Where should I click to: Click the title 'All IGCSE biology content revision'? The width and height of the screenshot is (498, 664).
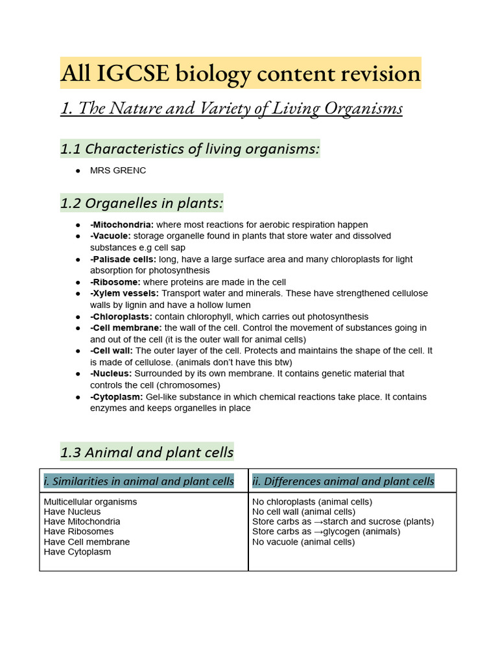pyautogui.click(x=240, y=74)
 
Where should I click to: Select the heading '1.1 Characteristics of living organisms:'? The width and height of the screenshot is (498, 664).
pyautogui.click(x=190, y=149)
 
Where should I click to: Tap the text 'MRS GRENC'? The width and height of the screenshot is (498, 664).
pyautogui.click(x=118, y=171)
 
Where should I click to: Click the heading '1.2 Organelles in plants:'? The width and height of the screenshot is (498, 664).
pyautogui.click(x=141, y=204)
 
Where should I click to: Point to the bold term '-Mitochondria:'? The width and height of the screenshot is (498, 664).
pyautogui.click(x=122, y=224)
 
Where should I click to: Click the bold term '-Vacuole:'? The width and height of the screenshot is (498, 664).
pyautogui.click(x=110, y=236)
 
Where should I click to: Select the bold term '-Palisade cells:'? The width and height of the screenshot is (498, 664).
pyautogui.click(x=123, y=259)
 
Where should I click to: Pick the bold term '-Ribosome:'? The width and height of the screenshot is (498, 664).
pyautogui.click(x=115, y=282)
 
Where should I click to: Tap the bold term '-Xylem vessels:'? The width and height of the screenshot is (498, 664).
pyautogui.click(x=124, y=294)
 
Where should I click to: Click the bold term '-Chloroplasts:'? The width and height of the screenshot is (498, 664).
pyautogui.click(x=121, y=316)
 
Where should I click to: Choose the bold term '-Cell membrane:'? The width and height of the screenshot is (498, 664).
pyautogui.click(x=126, y=328)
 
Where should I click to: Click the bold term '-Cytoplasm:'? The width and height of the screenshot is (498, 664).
pyautogui.click(x=117, y=397)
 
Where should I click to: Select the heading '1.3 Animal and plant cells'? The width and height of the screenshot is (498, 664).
pyautogui.click(x=147, y=452)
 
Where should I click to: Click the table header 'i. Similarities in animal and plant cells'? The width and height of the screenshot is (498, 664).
pyautogui.click(x=139, y=481)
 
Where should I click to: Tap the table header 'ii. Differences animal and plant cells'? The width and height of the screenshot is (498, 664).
pyautogui.click(x=343, y=481)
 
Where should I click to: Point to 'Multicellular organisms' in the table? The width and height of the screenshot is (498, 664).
pyautogui.click(x=90, y=502)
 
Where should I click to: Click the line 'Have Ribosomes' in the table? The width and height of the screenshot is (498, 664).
pyautogui.click(x=78, y=532)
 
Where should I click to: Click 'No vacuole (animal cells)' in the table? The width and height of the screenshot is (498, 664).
pyautogui.click(x=303, y=542)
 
